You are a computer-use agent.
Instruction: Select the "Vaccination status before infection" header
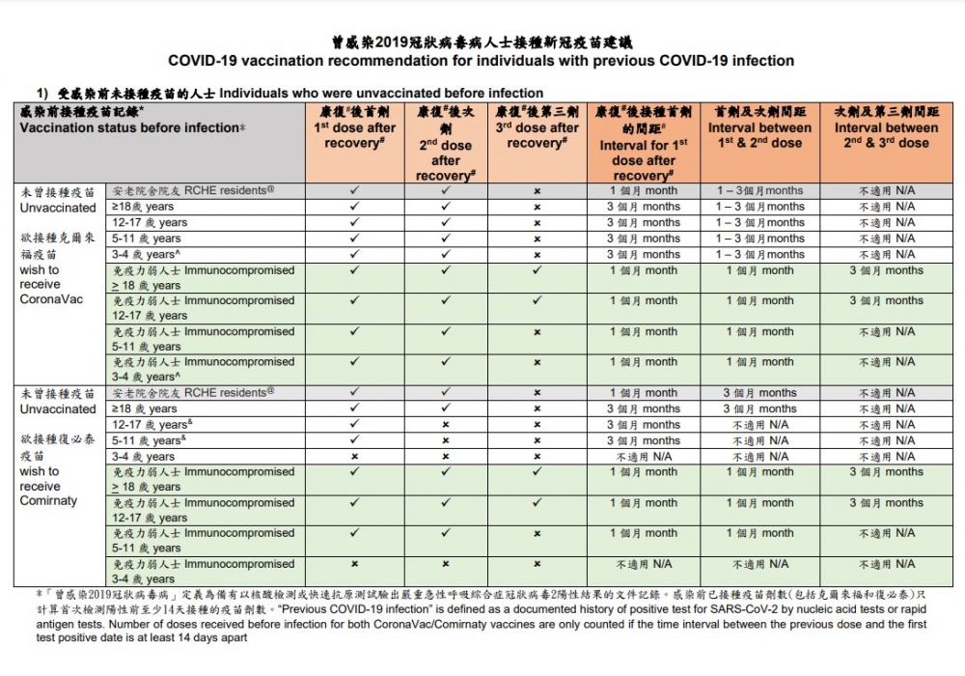[x=132, y=127]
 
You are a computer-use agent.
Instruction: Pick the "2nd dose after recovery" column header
[x=445, y=145]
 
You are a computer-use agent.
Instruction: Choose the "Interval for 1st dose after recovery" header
[x=643, y=144]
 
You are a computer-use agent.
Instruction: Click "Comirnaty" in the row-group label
[x=48, y=501]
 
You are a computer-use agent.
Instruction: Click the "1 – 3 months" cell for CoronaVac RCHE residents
[x=759, y=191]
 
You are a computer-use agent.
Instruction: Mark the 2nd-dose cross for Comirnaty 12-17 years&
[x=445, y=425]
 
